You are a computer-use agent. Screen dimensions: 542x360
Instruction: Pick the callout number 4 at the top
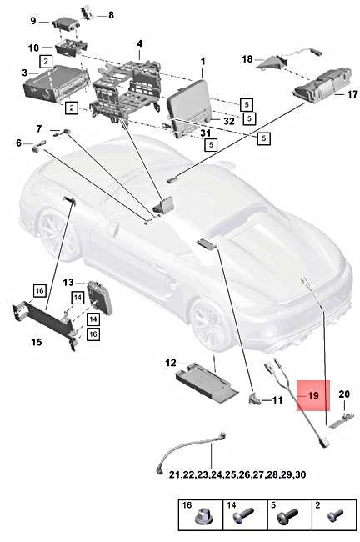pos(139,43)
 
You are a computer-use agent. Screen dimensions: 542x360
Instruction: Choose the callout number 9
pos(34,20)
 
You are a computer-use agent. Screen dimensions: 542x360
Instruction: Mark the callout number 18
pos(247,59)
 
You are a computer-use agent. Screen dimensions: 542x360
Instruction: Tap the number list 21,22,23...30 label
pos(213,474)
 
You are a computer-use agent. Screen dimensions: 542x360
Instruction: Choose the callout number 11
pos(277,400)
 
